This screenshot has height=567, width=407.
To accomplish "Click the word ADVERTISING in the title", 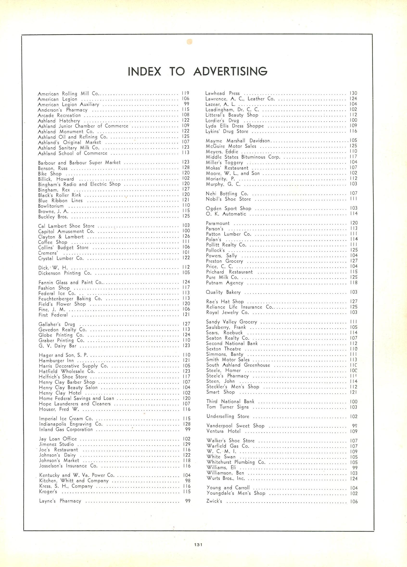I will tap(230, 71).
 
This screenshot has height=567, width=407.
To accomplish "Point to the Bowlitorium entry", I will tap(51, 206).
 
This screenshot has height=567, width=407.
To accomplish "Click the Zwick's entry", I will tap(214, 501).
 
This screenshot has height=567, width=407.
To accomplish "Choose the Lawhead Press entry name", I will tap(222, 93).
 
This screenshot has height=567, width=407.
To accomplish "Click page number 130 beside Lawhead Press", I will tap(354, 93).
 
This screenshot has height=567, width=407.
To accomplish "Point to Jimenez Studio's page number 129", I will tap(186, 444).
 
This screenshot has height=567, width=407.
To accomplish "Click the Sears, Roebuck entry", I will tap(224, 332).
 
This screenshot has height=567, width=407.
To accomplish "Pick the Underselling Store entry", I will tap(228, 416).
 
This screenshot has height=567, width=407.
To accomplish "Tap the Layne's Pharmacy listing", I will tap(60, 501).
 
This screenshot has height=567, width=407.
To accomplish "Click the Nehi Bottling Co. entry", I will tap(227, 193).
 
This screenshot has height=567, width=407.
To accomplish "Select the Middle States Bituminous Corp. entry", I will tap(243, 157).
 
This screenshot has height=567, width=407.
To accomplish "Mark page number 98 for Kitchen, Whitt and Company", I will tap(188, 481).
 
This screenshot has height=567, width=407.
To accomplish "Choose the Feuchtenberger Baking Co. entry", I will tap(70, 299).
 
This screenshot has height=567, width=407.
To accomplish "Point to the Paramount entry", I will tap(217, 223).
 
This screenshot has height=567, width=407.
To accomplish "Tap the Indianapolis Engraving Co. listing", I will tap(71, 424).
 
